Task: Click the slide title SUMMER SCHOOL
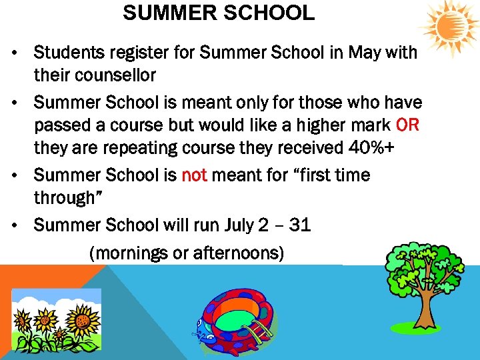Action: (219, 13)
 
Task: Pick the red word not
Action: (195, 175)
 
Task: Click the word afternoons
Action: (235, 253)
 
